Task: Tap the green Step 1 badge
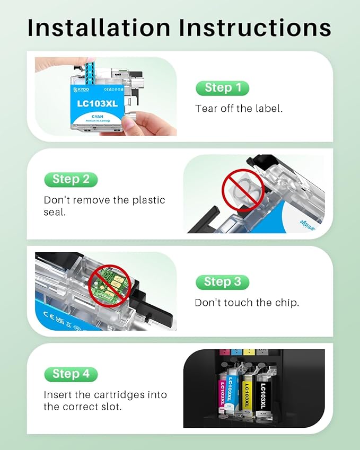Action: point(222,88)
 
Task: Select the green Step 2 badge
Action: point(71,179)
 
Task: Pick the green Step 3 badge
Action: point(222,282)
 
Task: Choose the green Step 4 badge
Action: point(71,374)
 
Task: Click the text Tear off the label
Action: point(239,109)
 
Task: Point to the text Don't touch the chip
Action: point(247,303)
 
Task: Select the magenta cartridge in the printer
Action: point(223,394)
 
